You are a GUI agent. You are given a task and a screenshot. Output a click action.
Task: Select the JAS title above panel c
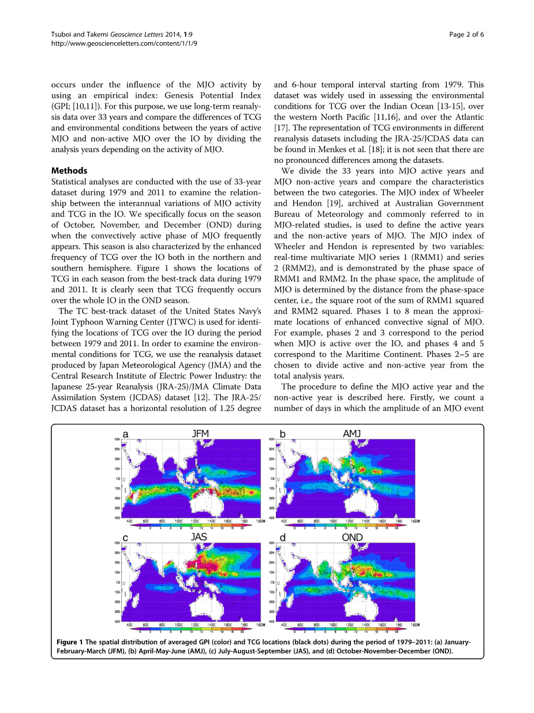point(199,537)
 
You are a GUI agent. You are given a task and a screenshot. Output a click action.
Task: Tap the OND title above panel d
point(352,537)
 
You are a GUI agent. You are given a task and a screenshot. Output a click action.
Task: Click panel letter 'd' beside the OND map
point(282,537)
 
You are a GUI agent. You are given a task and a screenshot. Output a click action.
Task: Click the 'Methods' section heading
point(69,170)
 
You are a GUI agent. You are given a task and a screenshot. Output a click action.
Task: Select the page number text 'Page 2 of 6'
point(466,34)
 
